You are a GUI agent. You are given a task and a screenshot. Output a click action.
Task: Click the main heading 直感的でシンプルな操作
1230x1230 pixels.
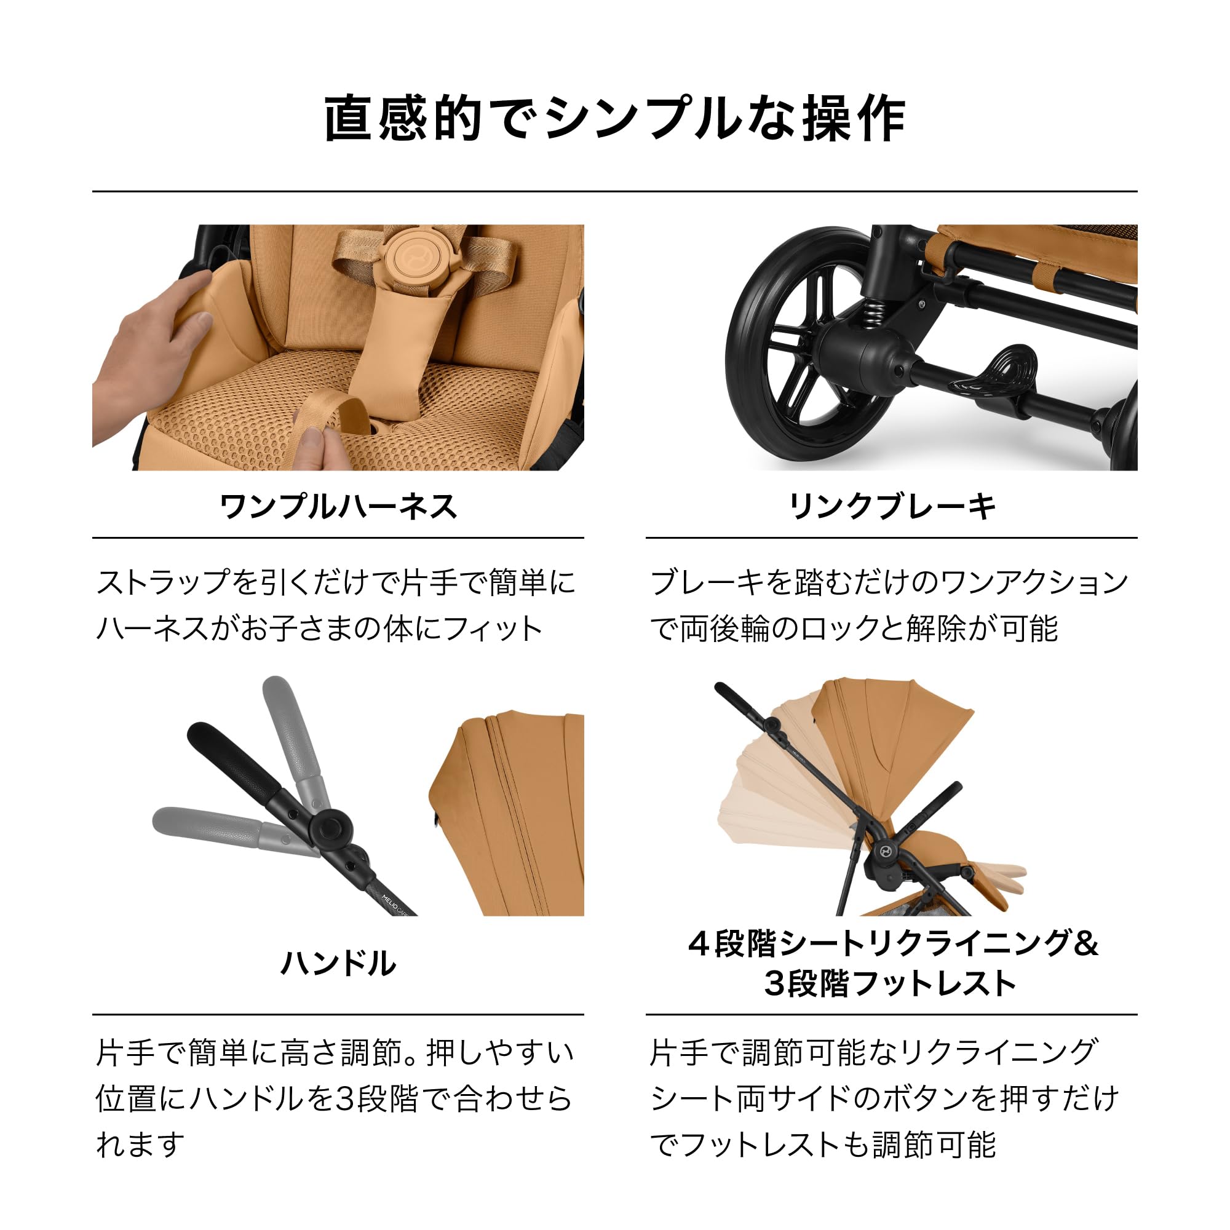pos(615,119)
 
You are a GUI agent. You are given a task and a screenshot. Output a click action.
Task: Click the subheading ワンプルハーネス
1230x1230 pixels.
pos(338,507)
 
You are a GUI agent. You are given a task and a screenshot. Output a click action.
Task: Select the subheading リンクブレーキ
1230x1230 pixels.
pos(891,507)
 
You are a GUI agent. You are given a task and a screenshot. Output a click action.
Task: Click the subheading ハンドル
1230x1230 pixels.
pos(338,963)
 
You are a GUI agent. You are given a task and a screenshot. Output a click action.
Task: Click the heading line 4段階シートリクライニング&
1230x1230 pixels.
pos(892,943)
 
